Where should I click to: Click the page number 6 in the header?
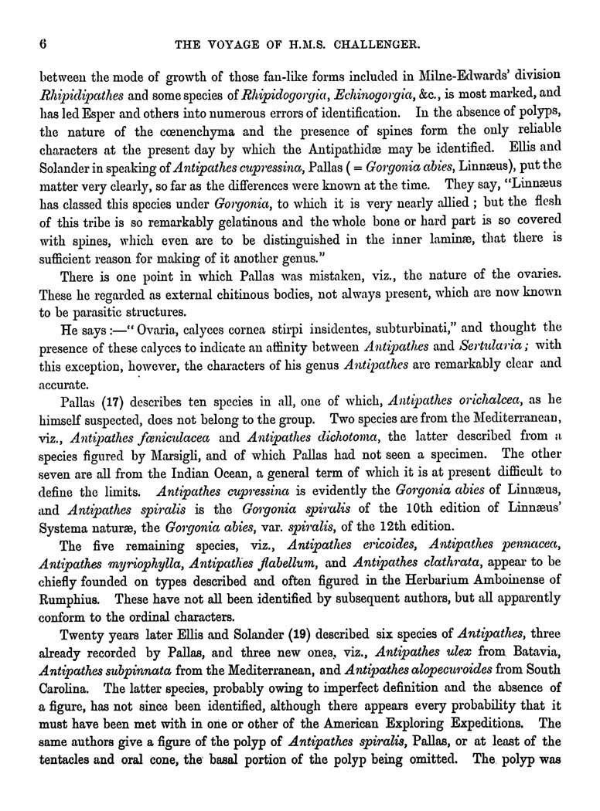(x=32, y=44)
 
